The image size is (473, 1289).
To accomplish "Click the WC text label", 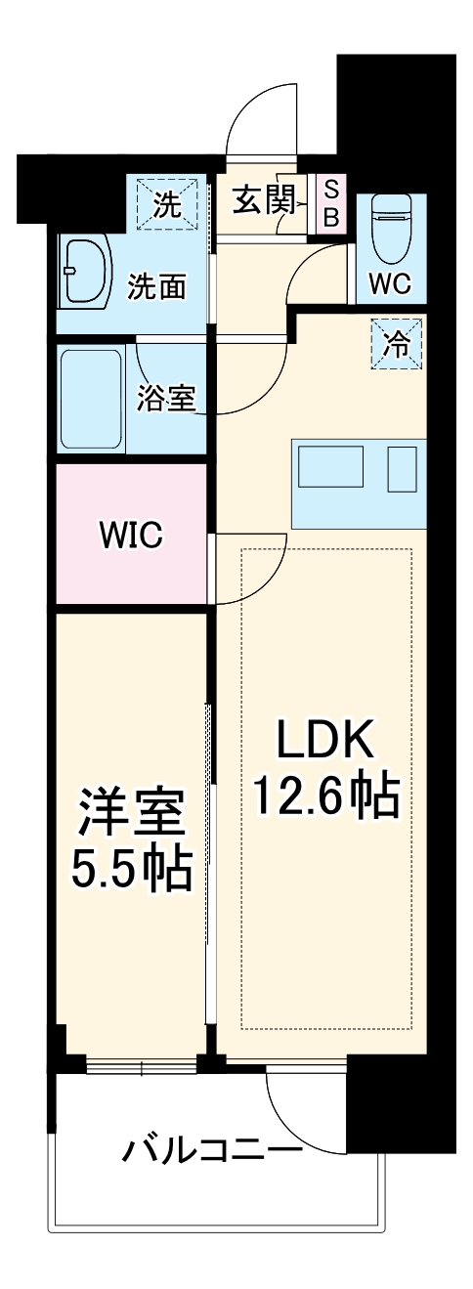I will click(x=390, y=283).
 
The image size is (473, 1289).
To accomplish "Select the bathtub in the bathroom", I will click(x=91, y=399).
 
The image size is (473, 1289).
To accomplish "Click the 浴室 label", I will click(x=168, y=398).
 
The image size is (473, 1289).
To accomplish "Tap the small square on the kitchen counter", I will click(x=402, y=468).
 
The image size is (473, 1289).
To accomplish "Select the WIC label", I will click(x=130, y=535).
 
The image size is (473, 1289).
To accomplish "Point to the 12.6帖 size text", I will click(x=325, y=796).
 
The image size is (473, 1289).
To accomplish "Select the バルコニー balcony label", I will click(x=211, y=1149).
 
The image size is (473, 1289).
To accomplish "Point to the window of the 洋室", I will click(x=143, y=1064).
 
